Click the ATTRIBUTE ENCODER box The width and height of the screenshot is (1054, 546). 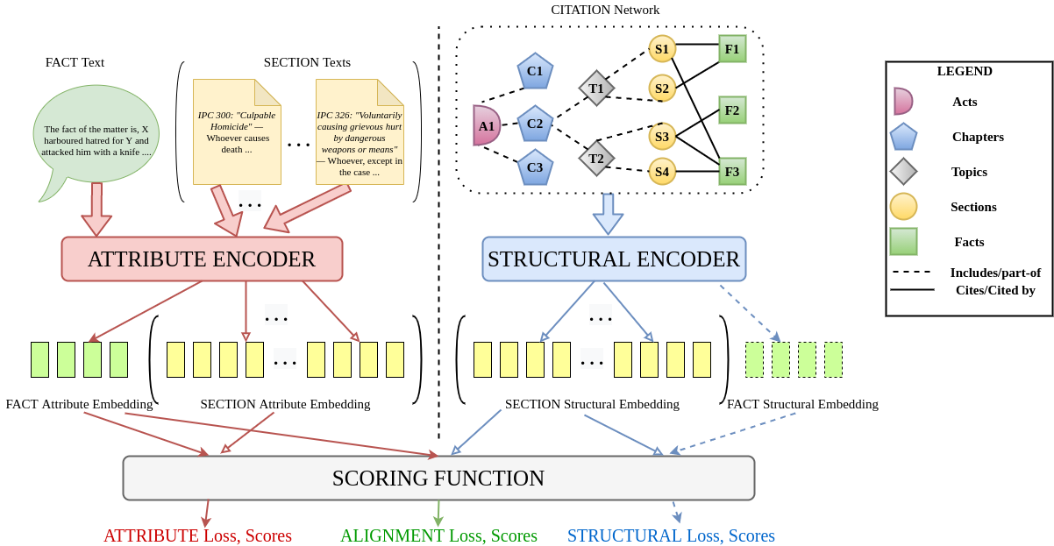point(202,259)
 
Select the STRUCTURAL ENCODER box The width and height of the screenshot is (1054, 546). point(614,259)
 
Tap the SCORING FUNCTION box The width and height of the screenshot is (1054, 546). point(438,479)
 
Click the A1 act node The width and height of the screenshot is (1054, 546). point(486,125)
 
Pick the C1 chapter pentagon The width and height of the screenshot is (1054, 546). point(535,71)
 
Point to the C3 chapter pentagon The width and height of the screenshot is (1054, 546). point(535,167)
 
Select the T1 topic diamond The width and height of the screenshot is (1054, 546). point(596,89)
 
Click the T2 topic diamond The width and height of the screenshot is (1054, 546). point(596,159)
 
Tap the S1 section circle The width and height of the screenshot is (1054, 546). point(662,49)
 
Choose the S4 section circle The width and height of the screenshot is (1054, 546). point(662,172)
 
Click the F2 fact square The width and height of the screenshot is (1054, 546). point(732,110)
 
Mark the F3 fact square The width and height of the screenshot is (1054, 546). point(732,172)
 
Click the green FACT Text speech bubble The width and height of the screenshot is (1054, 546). point(96,136)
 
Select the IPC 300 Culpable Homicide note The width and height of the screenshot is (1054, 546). point(237,131)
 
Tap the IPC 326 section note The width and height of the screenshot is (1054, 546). point(360,131)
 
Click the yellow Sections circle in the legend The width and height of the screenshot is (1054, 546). point(903,207)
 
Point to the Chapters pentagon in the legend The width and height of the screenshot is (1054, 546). point(903,137)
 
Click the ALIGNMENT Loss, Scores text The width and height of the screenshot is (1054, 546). point(438,535)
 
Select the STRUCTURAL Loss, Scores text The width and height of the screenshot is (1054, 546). point(671,535)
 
